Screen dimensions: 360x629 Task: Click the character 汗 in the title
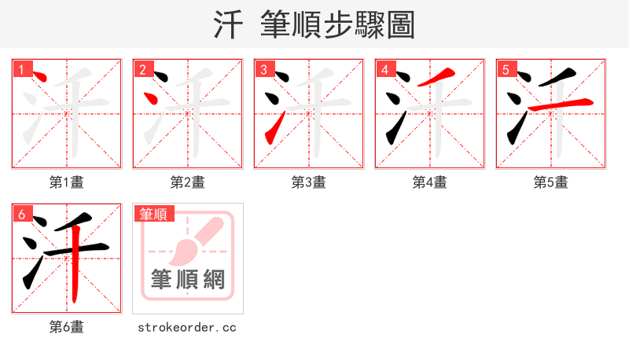[x=230, y=25]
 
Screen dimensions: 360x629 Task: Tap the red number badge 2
[x=142, y=68]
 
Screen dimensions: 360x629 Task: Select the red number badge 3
[x=263, y=68]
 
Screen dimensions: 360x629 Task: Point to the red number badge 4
[x=384, y=68]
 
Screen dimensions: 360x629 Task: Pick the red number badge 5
[x=506, y=68]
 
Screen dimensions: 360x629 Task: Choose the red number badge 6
[x=21, y=213]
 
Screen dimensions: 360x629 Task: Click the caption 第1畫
[x=67, y=182]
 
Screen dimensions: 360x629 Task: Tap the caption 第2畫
[x=188, y=182]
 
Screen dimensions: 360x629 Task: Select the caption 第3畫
[x=309, y=182]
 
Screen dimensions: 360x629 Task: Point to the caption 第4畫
[x=430, y=182]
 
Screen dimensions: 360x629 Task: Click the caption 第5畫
[x=551, y=182]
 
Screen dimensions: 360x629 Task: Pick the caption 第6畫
[x=67, y=327]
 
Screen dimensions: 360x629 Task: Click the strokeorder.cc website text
[x=187, y=327]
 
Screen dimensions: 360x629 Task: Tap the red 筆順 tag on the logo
[x=154, y=214]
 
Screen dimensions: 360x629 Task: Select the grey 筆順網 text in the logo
[x=188, y=279]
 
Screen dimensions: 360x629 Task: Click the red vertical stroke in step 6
[x=73, y=271]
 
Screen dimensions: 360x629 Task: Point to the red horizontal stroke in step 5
[x=560, y=104]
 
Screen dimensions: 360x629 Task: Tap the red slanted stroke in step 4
[x=438, y=77]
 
